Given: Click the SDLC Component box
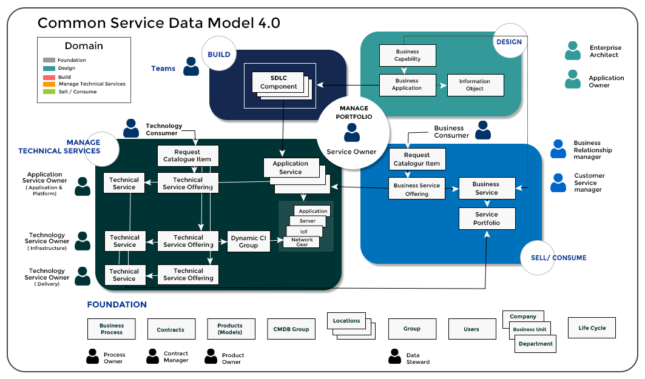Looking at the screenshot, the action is pyautogui.click(x=278, y=82).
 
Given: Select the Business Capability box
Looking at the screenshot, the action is pyautogui.click(x=407, y=56).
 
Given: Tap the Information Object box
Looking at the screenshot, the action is pyautogui.click(x=475, y=85).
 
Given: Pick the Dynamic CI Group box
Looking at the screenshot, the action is pyautogui.click(x=248, y=241).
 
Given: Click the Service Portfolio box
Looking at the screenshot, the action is pyautogui.click(x=487, y=218).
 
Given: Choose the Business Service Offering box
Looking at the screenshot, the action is pyautogui.click(x=417, y=189).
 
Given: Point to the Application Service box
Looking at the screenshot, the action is pyautogui.click(x=291, y=168).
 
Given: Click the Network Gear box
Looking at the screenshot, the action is pyautogui.click(x=302, y=242).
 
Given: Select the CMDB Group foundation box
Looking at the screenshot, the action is pyautogui.click(x=291, y=329).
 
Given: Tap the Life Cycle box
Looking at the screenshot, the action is pyautogui.click(x=592, y=327).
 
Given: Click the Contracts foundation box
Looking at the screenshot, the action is pyautogui.click(x=171, y=329).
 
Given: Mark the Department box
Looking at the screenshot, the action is pyautogui.click(x=535, y=344).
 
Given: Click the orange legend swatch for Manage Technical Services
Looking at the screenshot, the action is pyautogui.click(x=49, y=84).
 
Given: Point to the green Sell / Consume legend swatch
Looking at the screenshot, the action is pyautogui.click(x=49, y=92).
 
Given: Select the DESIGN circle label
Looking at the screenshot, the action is pyautogui.click(x=509, y=42).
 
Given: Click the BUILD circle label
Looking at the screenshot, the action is pyautogui.click(x=219, y=54).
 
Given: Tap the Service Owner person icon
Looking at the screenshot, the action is pyautogui.click(x=352, y=132).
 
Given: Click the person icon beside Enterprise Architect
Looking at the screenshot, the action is pyautogui.click(x=573, y=50).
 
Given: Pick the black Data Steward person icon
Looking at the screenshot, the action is pyautogui.click(x=394, y=357).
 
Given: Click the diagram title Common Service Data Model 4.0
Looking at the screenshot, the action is pyautogui.click(x=159, y=22).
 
